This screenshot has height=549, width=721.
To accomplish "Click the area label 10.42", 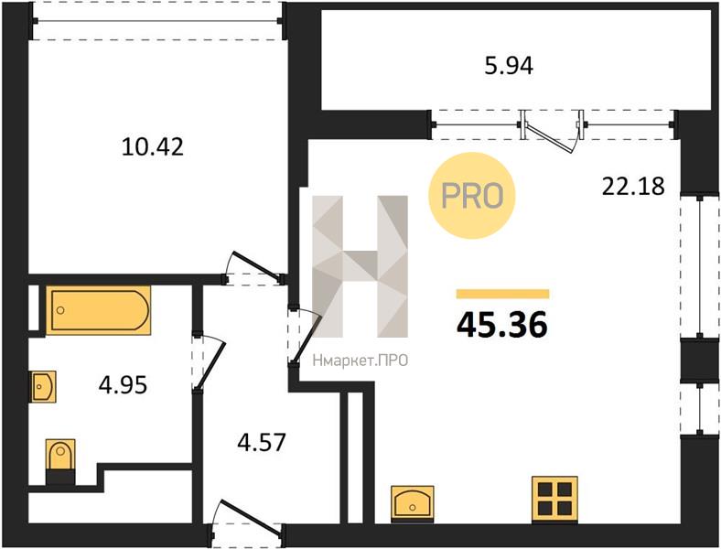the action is point(153,147).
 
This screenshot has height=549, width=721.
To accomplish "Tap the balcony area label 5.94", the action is point(509,66).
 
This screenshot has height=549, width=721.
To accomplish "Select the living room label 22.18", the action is point(633,187).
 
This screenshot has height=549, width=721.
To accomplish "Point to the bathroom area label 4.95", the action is point(123,385).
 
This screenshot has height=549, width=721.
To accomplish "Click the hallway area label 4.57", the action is point(262,442).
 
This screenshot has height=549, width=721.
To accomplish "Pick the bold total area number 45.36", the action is point(502,325).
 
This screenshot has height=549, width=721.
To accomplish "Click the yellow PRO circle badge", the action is point(472,196).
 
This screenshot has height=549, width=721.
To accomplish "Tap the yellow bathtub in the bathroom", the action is point(99,310).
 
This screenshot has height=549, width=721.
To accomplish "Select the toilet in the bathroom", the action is point(60,461).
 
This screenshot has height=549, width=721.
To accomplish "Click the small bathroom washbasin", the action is point(44,387).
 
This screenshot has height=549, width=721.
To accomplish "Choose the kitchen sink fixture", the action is point(412,504).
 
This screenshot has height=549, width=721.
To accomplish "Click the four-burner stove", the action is point(554,500).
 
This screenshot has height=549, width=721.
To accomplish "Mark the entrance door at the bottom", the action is point(247,520).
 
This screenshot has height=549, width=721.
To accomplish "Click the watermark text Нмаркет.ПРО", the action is point(360,361).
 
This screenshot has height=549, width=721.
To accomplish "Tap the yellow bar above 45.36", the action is point(502,294).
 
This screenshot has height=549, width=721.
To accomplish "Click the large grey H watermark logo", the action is point(360,266).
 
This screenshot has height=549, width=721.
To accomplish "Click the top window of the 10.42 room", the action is point(157,21).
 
